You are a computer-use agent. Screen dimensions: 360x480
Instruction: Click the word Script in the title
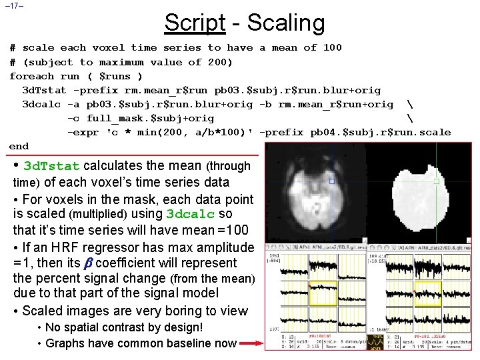[195, 23]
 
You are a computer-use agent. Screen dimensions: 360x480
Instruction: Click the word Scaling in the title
[285, 23]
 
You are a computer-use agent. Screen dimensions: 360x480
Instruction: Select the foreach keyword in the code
[31, 76]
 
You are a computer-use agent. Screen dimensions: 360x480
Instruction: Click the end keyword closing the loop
[19, 146]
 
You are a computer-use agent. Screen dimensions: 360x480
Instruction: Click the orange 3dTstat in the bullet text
[51, 166]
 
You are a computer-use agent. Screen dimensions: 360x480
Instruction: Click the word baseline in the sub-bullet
[213, 343]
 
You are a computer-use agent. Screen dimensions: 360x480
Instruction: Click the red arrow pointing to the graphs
[252, 344]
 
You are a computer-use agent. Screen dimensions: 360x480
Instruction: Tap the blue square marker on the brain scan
[332, 181]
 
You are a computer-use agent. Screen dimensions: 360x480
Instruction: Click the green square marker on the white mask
[437, 181]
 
